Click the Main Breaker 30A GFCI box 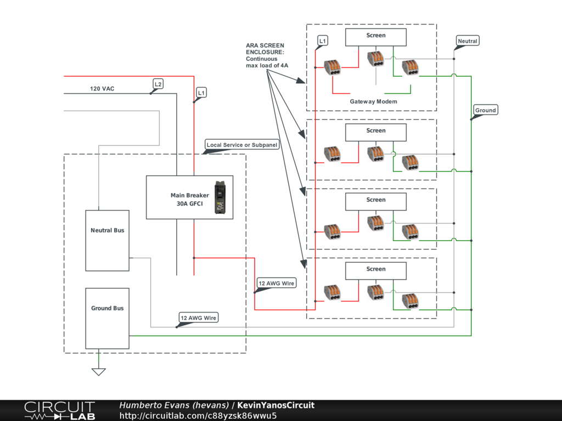181,197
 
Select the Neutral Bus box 108,240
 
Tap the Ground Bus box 108,318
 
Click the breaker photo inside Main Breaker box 221,197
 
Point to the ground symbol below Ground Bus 99,371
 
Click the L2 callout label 158,84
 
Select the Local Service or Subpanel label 242,145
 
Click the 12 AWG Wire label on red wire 277,283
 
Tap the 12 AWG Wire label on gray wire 199,317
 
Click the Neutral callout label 468,41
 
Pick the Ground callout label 485,110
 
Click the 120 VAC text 102,88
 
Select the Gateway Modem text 373,101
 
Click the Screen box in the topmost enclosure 376,37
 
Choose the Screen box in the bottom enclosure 376,270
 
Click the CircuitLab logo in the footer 59,411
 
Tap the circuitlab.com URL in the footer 198,416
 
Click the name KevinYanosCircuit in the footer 276,405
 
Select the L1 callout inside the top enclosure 323,41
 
